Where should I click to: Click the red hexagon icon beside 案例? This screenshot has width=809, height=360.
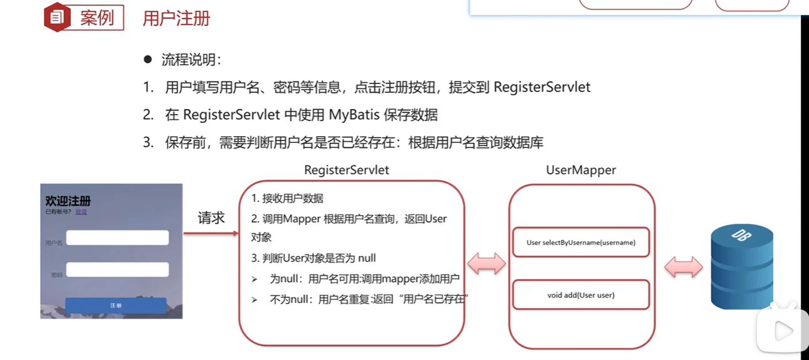[57, 18]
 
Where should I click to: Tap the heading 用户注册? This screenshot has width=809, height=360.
[176, 18]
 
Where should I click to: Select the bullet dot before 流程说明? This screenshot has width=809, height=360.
[148, 60]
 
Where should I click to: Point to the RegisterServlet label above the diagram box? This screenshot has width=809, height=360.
[346, 170]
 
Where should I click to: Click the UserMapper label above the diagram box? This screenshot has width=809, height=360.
[581, 170]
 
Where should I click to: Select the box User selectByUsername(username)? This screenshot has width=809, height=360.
[581, 242]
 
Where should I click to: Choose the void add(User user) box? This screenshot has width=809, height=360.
[581, 295]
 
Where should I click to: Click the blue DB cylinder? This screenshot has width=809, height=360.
[741, 267]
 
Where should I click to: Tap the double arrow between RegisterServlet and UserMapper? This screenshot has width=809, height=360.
[487, 264]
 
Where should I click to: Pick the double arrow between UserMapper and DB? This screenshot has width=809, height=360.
[683, 267]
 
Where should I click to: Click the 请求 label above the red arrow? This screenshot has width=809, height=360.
[211, 218]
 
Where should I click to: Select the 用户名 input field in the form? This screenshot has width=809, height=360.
[117, 238]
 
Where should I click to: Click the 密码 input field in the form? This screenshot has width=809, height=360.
[117, 270]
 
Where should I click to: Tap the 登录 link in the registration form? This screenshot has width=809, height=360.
[81, 212]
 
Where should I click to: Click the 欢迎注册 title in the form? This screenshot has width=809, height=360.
[68, 201]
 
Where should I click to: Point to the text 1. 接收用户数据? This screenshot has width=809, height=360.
[287, 198]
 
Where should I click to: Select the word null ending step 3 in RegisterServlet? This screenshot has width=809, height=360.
[366, 258]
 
